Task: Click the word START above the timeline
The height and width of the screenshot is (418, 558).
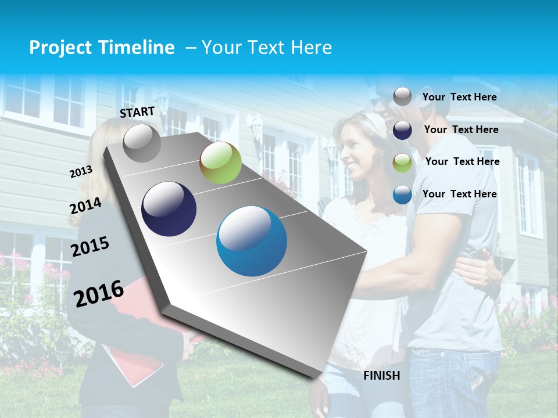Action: tap(137, 111)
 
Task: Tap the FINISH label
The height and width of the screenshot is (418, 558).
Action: tap(382, 376)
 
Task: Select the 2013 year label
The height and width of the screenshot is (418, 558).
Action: tap(81, 171)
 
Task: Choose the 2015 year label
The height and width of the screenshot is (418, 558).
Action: tap(90, 247)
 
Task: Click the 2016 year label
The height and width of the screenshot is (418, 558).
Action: tap(99, 294)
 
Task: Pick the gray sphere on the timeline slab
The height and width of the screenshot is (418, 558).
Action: tap(142, 143)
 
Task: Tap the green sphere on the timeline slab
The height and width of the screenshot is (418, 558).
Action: tap(220, 163)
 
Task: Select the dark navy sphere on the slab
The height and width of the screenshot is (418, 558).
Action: tap(169, 209)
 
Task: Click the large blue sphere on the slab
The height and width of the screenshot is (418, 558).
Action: tap(252, 241)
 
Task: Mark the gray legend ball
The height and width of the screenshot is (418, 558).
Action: tap(402, 96)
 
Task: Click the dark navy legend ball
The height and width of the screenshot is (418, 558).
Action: tap(402, 130)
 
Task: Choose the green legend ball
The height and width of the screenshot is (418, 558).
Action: tap(402, 163)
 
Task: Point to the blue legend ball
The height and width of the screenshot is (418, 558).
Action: tap(402, 194)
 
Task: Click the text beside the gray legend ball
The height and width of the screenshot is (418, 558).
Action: tap(459, 97)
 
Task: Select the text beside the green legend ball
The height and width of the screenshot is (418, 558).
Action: tap(462, 161)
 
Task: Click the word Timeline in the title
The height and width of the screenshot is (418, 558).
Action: tap(137, 48)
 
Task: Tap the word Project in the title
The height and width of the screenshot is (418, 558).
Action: tap(60, 48)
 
